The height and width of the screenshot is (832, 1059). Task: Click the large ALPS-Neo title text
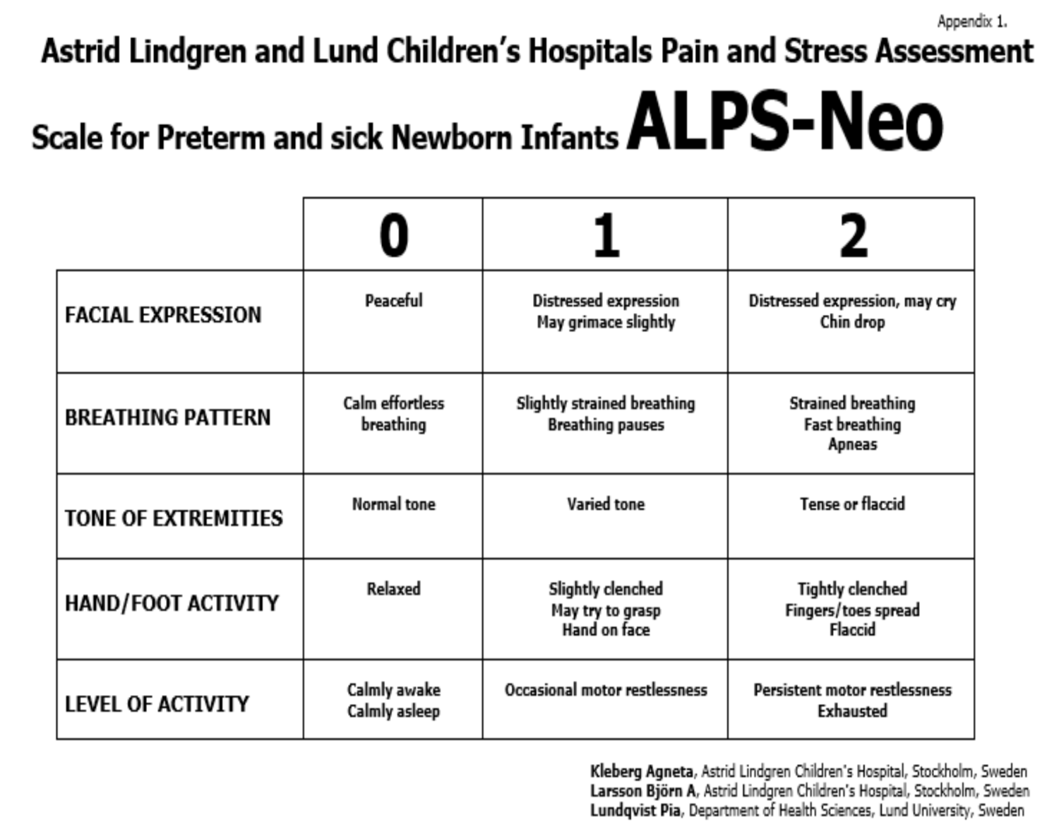click(x=784, y=121)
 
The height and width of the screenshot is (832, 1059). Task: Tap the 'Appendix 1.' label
click(x=971, y=22)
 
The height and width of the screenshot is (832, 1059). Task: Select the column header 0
click(x=393, y=235)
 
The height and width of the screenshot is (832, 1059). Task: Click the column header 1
click(x=606, y=235)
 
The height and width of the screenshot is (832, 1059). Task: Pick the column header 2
click(x=852, y=235)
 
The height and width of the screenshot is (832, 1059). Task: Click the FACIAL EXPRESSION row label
click(x=163, y=315)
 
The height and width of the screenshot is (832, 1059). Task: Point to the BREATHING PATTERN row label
click(x=167, y=417)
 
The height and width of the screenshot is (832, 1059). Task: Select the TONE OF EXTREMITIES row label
click(x=174, y=518)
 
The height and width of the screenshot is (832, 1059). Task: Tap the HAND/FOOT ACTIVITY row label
click(x=172, y=603)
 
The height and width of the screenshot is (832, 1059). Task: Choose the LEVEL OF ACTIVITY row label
click(x=157, y=704)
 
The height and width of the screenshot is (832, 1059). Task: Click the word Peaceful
click(x=393, y=301)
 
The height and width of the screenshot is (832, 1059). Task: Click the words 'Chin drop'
click(x=852, y=322)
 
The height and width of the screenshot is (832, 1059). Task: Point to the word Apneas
click(x=852, y=444)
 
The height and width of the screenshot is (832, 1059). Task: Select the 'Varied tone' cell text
click(x=606, y=504)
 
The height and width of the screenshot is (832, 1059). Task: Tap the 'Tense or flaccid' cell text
click(x=852, y=504)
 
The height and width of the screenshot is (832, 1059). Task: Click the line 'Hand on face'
click(x=606, y=630)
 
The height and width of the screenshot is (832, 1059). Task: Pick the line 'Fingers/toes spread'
click(x=852, y=610)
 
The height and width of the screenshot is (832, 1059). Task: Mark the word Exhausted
click(x=852, y=711)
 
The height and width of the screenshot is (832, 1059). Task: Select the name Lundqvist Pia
click(x=635, y=811)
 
